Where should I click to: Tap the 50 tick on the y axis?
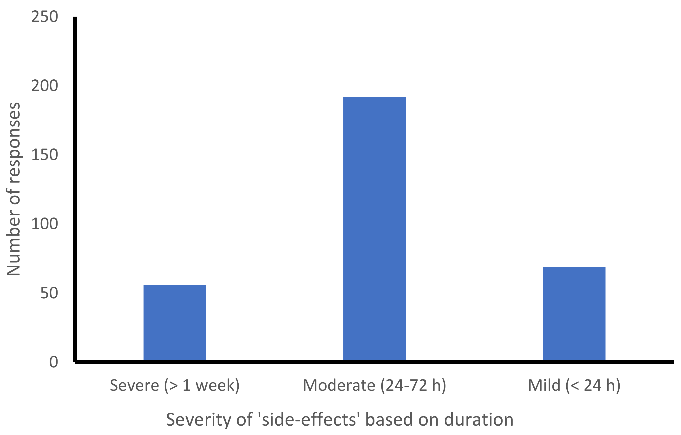coord(49,293)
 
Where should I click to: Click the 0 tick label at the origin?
coord(53,362)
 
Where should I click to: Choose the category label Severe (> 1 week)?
coord(175,385)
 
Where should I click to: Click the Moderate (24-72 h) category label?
coord(374,385)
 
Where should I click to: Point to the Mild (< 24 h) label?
coord(574,385)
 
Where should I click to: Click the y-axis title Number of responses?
coord(13,189)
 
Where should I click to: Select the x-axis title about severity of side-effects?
coord(339,420)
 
